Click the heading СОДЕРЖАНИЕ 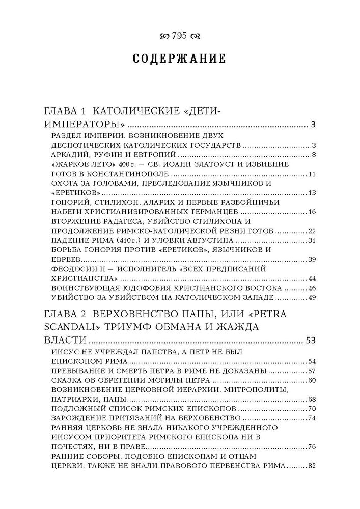point(179,59)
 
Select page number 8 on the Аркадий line point(315,155)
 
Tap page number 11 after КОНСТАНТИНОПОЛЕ point(313,175)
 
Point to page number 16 point(313,212)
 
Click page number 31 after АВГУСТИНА point(313,241)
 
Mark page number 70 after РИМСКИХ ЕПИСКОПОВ point(313,409)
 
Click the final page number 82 point(313,466)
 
